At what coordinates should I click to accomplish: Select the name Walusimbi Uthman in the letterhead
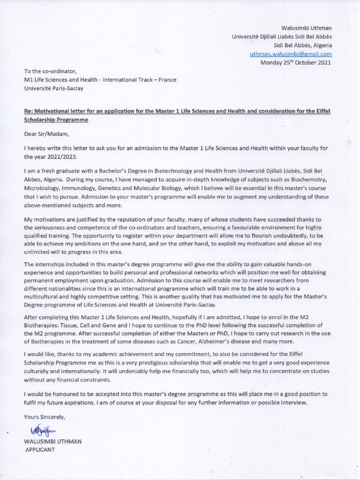point(306,29)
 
